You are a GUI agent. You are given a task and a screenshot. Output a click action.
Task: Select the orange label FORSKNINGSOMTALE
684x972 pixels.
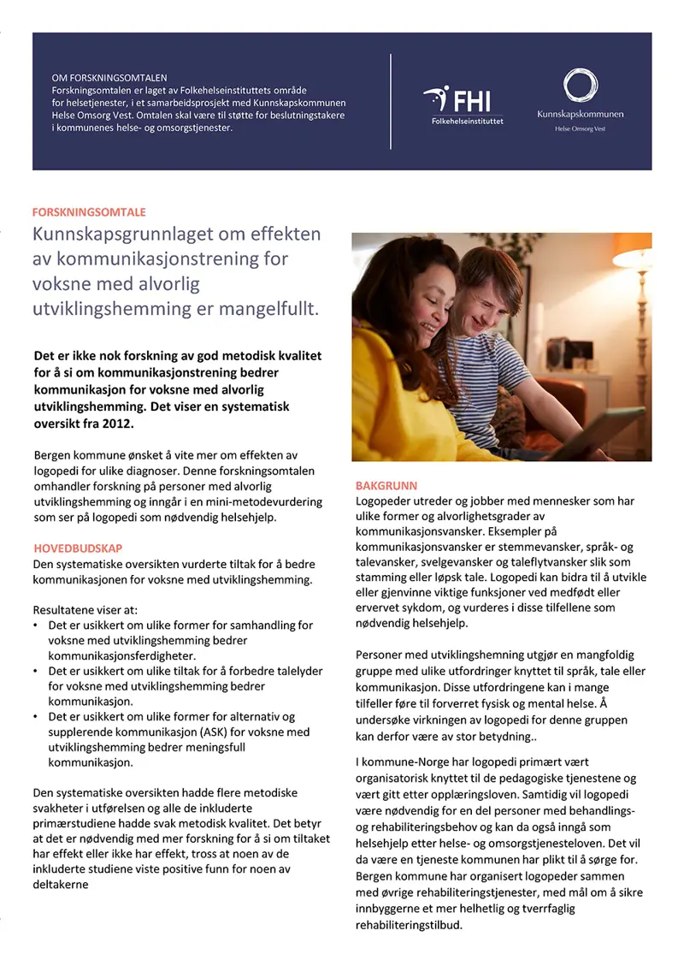coord(89,211)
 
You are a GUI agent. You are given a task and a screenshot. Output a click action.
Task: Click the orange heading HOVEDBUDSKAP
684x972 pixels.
coord(77,548)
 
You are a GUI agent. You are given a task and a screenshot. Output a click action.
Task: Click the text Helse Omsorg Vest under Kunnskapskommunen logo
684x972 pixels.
coord(581,129)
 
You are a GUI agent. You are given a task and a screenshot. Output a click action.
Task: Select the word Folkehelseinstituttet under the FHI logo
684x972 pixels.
coord(467,121)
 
